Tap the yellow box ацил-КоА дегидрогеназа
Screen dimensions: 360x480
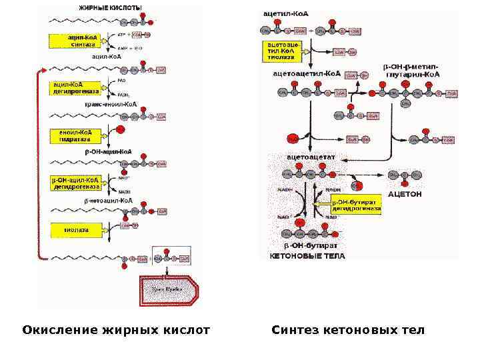point(76,88)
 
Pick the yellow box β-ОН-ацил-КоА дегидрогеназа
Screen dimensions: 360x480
point(75,183)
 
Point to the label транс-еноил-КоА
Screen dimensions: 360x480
point(110,105)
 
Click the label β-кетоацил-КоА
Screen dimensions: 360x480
point(108,200)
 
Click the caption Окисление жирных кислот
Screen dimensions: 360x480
point(116,330)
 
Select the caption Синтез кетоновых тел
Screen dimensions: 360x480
point(347,330)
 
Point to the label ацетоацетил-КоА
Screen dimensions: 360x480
point(307,73)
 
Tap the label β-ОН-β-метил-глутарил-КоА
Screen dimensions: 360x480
point(411,71)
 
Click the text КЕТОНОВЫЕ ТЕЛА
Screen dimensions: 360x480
point(307,256)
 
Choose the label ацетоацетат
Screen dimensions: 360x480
point(311,157)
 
